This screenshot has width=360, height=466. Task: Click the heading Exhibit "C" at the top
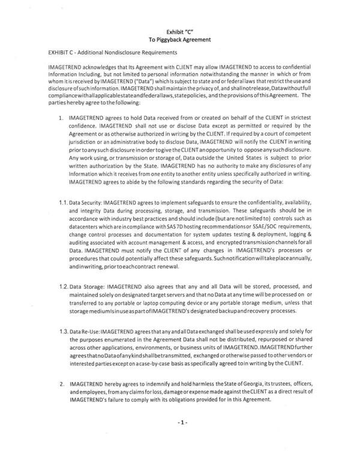coord(180,29)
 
